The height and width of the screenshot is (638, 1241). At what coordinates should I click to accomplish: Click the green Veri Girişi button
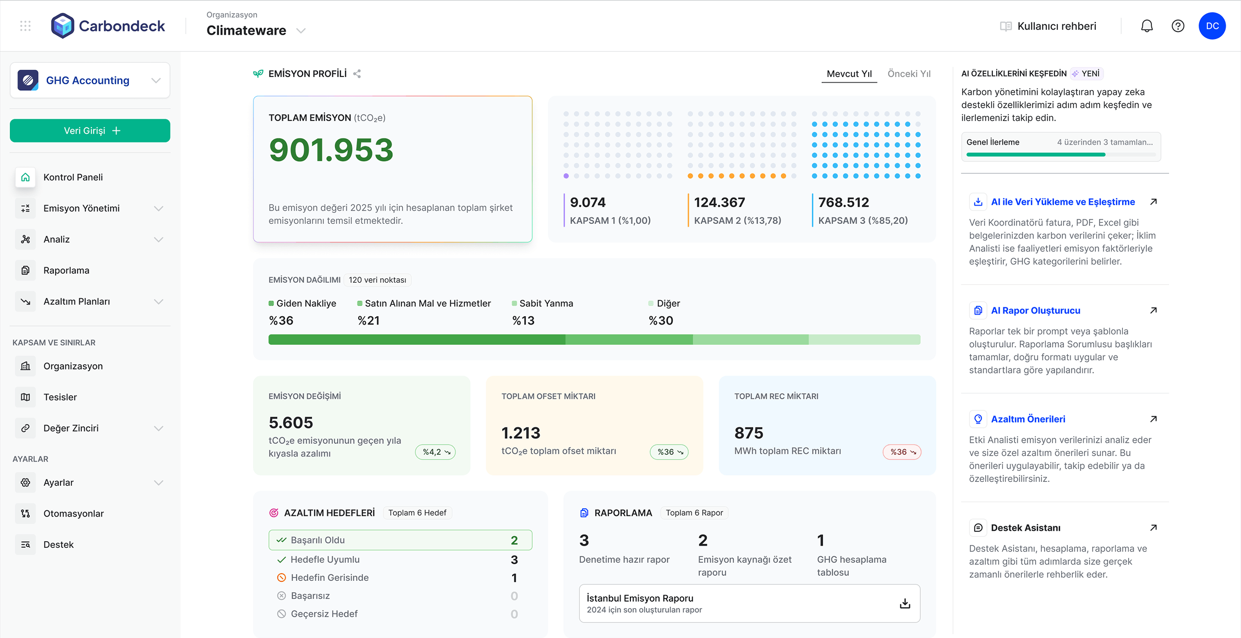90,131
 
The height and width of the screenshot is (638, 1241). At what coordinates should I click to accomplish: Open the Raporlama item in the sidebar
66,271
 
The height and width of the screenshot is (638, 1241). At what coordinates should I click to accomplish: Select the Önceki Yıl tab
909,74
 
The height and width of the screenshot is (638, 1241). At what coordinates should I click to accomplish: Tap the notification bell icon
1146,26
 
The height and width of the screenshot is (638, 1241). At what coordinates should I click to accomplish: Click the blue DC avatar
1212,26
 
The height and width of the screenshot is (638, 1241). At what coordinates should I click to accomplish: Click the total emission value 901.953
331,150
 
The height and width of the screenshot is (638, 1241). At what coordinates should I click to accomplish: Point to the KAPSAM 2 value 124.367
720,202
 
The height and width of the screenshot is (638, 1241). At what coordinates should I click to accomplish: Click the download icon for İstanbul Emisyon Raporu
905,603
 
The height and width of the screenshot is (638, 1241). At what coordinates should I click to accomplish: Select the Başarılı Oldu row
400,540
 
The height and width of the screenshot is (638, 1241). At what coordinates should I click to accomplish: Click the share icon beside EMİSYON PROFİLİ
357,74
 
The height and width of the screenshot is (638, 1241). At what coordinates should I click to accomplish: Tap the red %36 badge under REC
902,452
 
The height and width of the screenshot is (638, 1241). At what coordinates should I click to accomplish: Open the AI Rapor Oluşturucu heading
1035,311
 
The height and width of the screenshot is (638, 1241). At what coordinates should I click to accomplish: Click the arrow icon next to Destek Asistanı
1154,528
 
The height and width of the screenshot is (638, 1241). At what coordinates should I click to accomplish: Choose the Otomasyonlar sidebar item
73,514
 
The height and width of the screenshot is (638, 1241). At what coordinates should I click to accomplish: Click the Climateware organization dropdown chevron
301,31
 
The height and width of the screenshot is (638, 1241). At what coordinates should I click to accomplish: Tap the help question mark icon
1178,26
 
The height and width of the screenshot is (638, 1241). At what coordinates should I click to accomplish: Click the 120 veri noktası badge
377,280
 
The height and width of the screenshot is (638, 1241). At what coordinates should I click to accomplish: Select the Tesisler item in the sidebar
60,397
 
